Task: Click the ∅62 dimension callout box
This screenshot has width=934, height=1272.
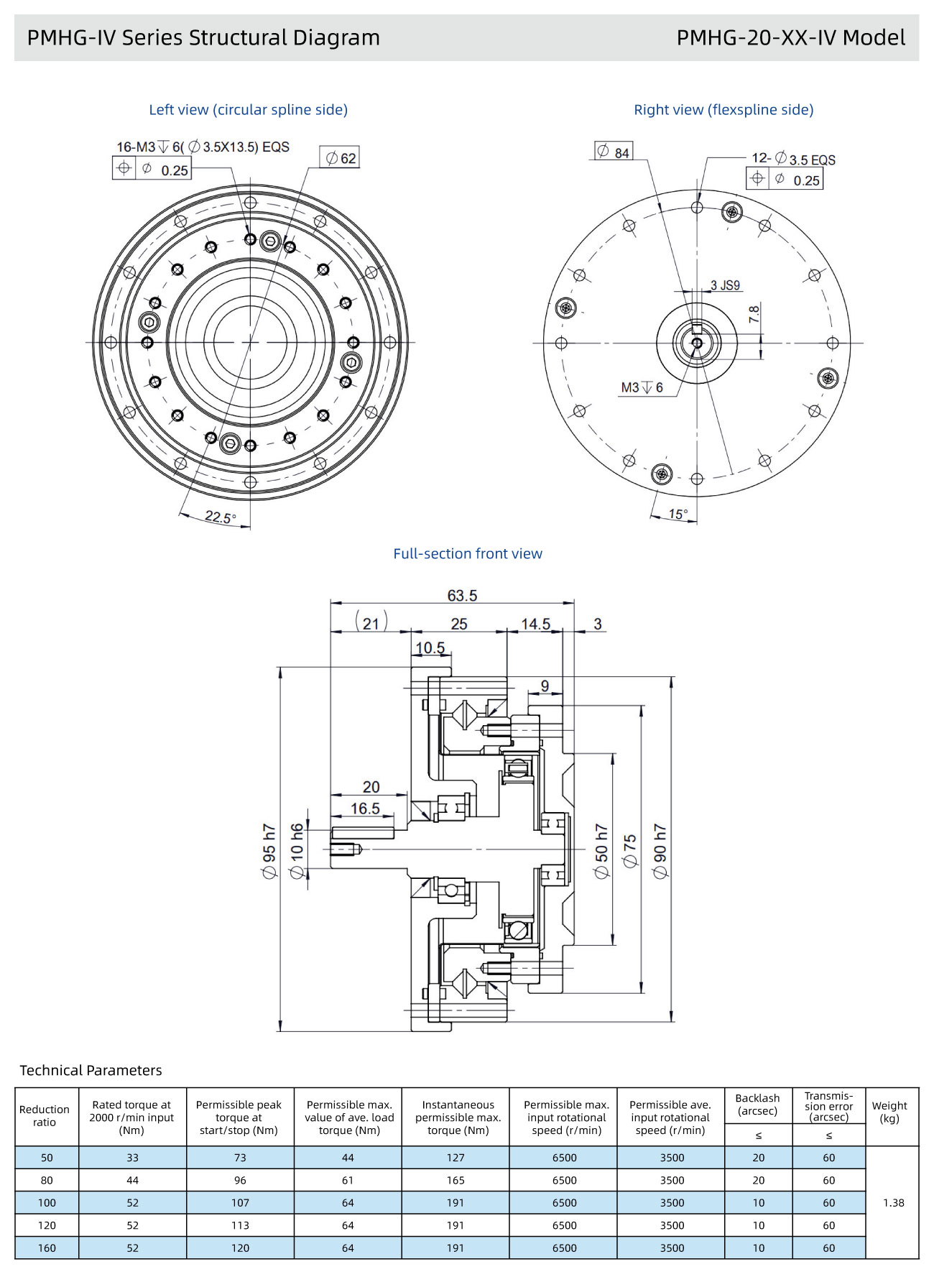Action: [340, 158]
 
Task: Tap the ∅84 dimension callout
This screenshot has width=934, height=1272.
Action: [614, 152]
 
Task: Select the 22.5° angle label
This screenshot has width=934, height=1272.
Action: [220, 517]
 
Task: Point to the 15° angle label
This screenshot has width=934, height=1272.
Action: [678, 514]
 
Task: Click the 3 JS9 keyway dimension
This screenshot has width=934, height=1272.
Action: [725, 285]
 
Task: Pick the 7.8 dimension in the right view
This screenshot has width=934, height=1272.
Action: [754, 315]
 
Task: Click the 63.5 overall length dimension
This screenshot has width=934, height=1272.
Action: [462, 595]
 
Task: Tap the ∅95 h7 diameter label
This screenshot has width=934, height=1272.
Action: [269, 851]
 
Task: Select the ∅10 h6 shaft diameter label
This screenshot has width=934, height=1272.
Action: [297, 851]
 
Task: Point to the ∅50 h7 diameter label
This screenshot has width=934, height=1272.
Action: [601, 851]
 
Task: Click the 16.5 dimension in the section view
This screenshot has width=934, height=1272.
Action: [365, 808]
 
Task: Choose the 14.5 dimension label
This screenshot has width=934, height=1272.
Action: [536, 624]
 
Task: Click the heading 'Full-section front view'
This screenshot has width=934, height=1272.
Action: [468, 554]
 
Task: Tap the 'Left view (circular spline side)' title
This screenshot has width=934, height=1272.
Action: [249, 110]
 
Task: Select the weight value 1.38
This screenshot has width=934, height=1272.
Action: [894, 1202]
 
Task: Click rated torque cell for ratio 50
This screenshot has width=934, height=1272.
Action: [132, 1158]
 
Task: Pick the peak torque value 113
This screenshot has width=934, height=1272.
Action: [240, 1225]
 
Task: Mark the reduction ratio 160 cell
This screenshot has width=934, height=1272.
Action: [47, 1248]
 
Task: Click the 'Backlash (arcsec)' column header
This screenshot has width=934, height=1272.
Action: [758, 1105]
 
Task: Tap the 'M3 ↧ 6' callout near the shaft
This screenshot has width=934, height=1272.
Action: [642, 388]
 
